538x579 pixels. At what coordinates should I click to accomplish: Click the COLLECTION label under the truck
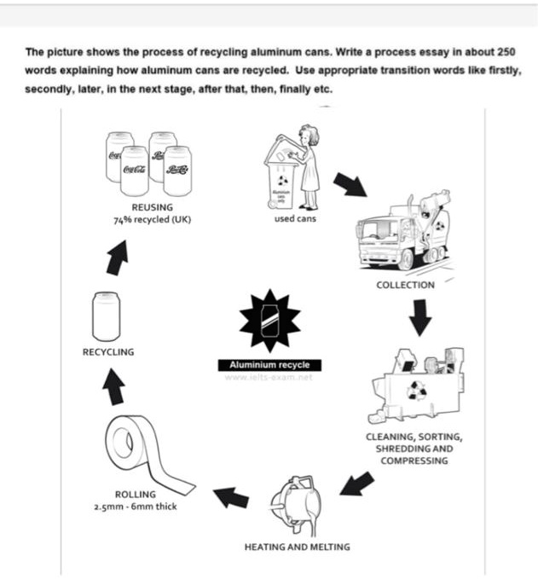click(405, 285)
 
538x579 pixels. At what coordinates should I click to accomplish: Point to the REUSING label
click(153, 206)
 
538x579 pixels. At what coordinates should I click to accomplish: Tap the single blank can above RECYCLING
click(107, 315)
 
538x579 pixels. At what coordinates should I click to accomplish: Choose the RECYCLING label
click(107, 351)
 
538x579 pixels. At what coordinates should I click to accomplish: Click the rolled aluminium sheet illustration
click(141, 452)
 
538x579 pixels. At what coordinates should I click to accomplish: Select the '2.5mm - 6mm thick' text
click(136, 507)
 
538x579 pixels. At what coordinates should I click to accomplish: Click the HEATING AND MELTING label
click(296, 547)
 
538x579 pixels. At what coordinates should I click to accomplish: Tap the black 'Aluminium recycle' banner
click(269, 365)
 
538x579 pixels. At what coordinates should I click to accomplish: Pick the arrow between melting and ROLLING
click(231, 496)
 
